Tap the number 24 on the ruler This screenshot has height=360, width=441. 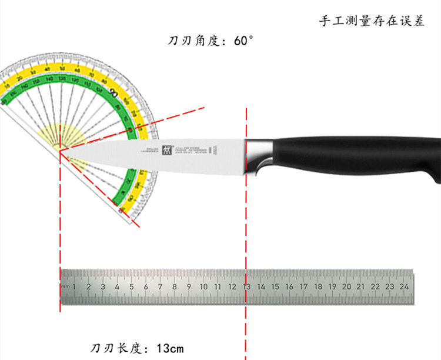[x=404, y=286]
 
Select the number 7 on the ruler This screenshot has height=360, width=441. [x=160, y=286]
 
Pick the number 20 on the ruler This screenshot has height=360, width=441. [x=346, y=286]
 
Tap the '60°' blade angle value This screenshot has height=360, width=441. [x=243, y=41]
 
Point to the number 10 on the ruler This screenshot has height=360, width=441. [x=203, y=286]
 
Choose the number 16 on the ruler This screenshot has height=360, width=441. [x=289, y=286]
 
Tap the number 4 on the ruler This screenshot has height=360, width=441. [x=117, y=286]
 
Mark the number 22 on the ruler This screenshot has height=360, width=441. [x=375, y=286]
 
